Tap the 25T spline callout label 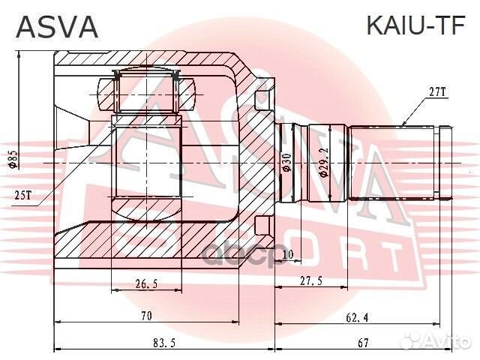[22, 194]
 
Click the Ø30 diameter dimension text [286, 163]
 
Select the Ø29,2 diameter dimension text [323, 163]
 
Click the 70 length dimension [147, 316]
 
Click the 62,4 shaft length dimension [355, 316]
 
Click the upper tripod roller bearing [146, 90]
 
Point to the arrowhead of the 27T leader [403, 123]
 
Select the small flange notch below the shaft [262, 225]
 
